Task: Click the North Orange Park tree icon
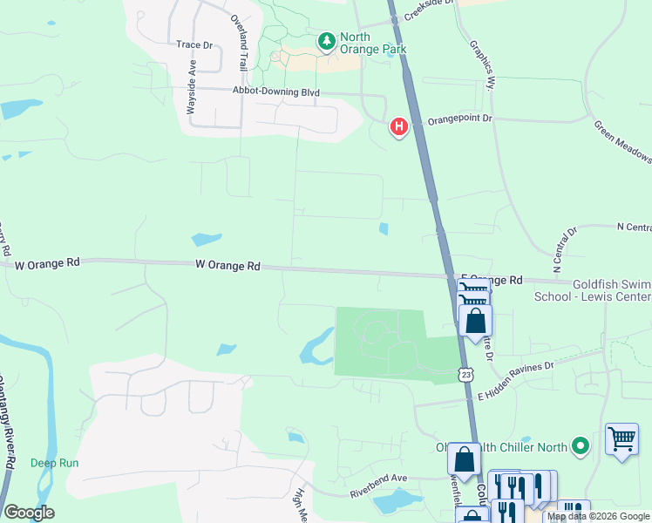coord(326,41)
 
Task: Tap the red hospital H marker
coord(399,127)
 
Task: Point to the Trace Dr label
coord(194,44)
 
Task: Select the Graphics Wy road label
coord(482,65)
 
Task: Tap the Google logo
coord(29,513)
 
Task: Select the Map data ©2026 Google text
coord(598,517)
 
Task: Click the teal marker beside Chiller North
coord(581,447)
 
